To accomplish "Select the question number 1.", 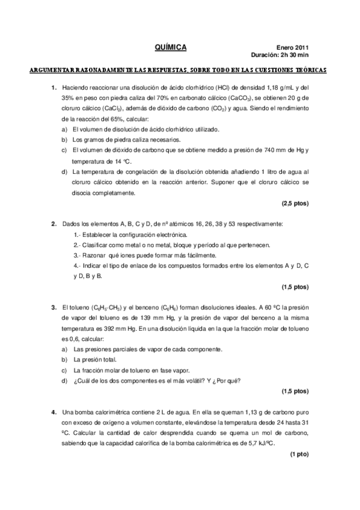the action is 53,87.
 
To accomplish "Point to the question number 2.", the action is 53,224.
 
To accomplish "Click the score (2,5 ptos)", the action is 295,204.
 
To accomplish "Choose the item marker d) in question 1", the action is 64,172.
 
